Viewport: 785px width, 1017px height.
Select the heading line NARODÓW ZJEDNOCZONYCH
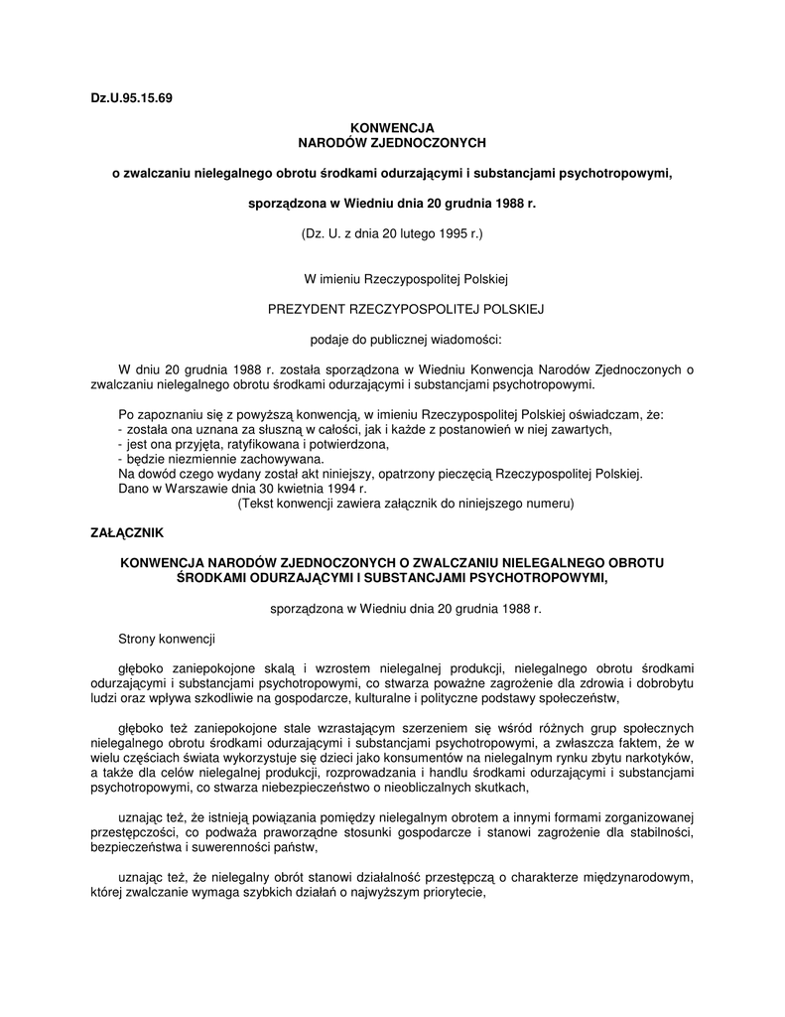(392, 143)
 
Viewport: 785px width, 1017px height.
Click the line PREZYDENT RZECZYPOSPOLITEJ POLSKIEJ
(392, 309)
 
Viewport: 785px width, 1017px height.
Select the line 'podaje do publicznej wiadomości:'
(392, 339)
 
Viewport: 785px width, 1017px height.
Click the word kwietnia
(293, 489)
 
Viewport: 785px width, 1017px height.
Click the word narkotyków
(659, 758)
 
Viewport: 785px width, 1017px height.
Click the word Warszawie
(194, 489)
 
